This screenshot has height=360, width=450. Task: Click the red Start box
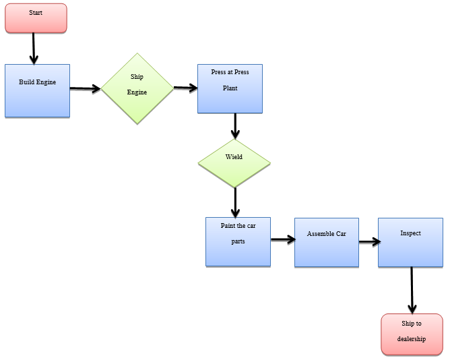pos(36,18)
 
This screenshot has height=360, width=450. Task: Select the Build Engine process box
pos(37,90)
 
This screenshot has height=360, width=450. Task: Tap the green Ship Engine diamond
pos(137,88)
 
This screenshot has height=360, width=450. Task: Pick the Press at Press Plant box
pos(230,88)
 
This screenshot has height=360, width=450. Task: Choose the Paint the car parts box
pos(238,241)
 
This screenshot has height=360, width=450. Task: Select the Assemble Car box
pos(326,242)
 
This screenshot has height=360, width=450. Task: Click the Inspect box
pos(410,242)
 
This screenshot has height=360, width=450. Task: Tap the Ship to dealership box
pos(412,334)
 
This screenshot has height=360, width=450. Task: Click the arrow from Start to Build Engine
pos(33,49)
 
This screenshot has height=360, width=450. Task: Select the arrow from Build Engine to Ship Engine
pos(86,88)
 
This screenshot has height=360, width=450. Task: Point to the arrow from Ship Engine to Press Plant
pos(185,88)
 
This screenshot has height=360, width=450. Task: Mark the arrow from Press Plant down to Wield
pos(235,126)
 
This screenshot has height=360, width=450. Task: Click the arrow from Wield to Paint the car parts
pos(235,202)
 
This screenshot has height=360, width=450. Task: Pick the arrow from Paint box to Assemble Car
pos(283,239)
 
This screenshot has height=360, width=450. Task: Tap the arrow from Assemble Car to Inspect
pos(368,242)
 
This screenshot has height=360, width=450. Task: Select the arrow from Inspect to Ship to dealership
pos(412,290)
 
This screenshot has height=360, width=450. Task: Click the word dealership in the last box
pos(412,339)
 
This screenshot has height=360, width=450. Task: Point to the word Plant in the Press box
pos(230,88)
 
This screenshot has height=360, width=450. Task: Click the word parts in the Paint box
pos(238,241)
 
